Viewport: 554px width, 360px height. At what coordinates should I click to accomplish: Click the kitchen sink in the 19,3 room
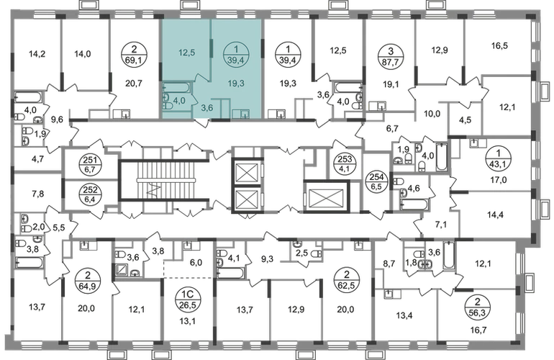click(244, 112)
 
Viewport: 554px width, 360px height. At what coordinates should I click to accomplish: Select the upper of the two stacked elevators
click(247, 171)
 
